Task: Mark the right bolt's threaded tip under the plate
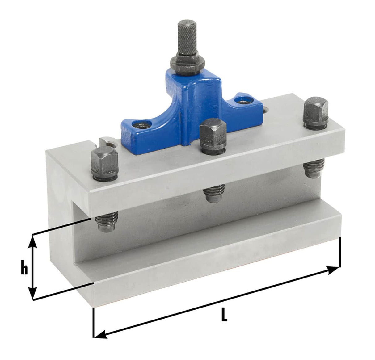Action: pyautogui.click(x=314, y=169)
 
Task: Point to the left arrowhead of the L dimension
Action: pyautogui.click(x=99, y=335)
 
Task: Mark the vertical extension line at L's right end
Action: pyautogui.click(x=340, y=252)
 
